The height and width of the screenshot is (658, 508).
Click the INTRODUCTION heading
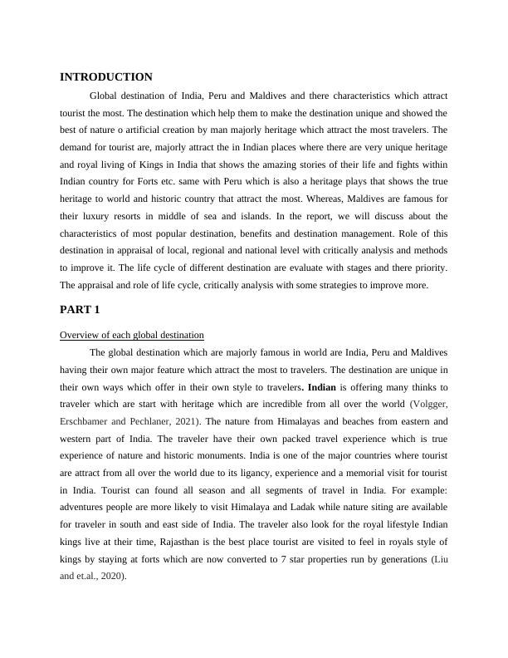click(106, 76)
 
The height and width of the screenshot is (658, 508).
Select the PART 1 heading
click(80, 309)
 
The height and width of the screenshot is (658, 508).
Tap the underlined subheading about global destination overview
click(131, 335)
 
